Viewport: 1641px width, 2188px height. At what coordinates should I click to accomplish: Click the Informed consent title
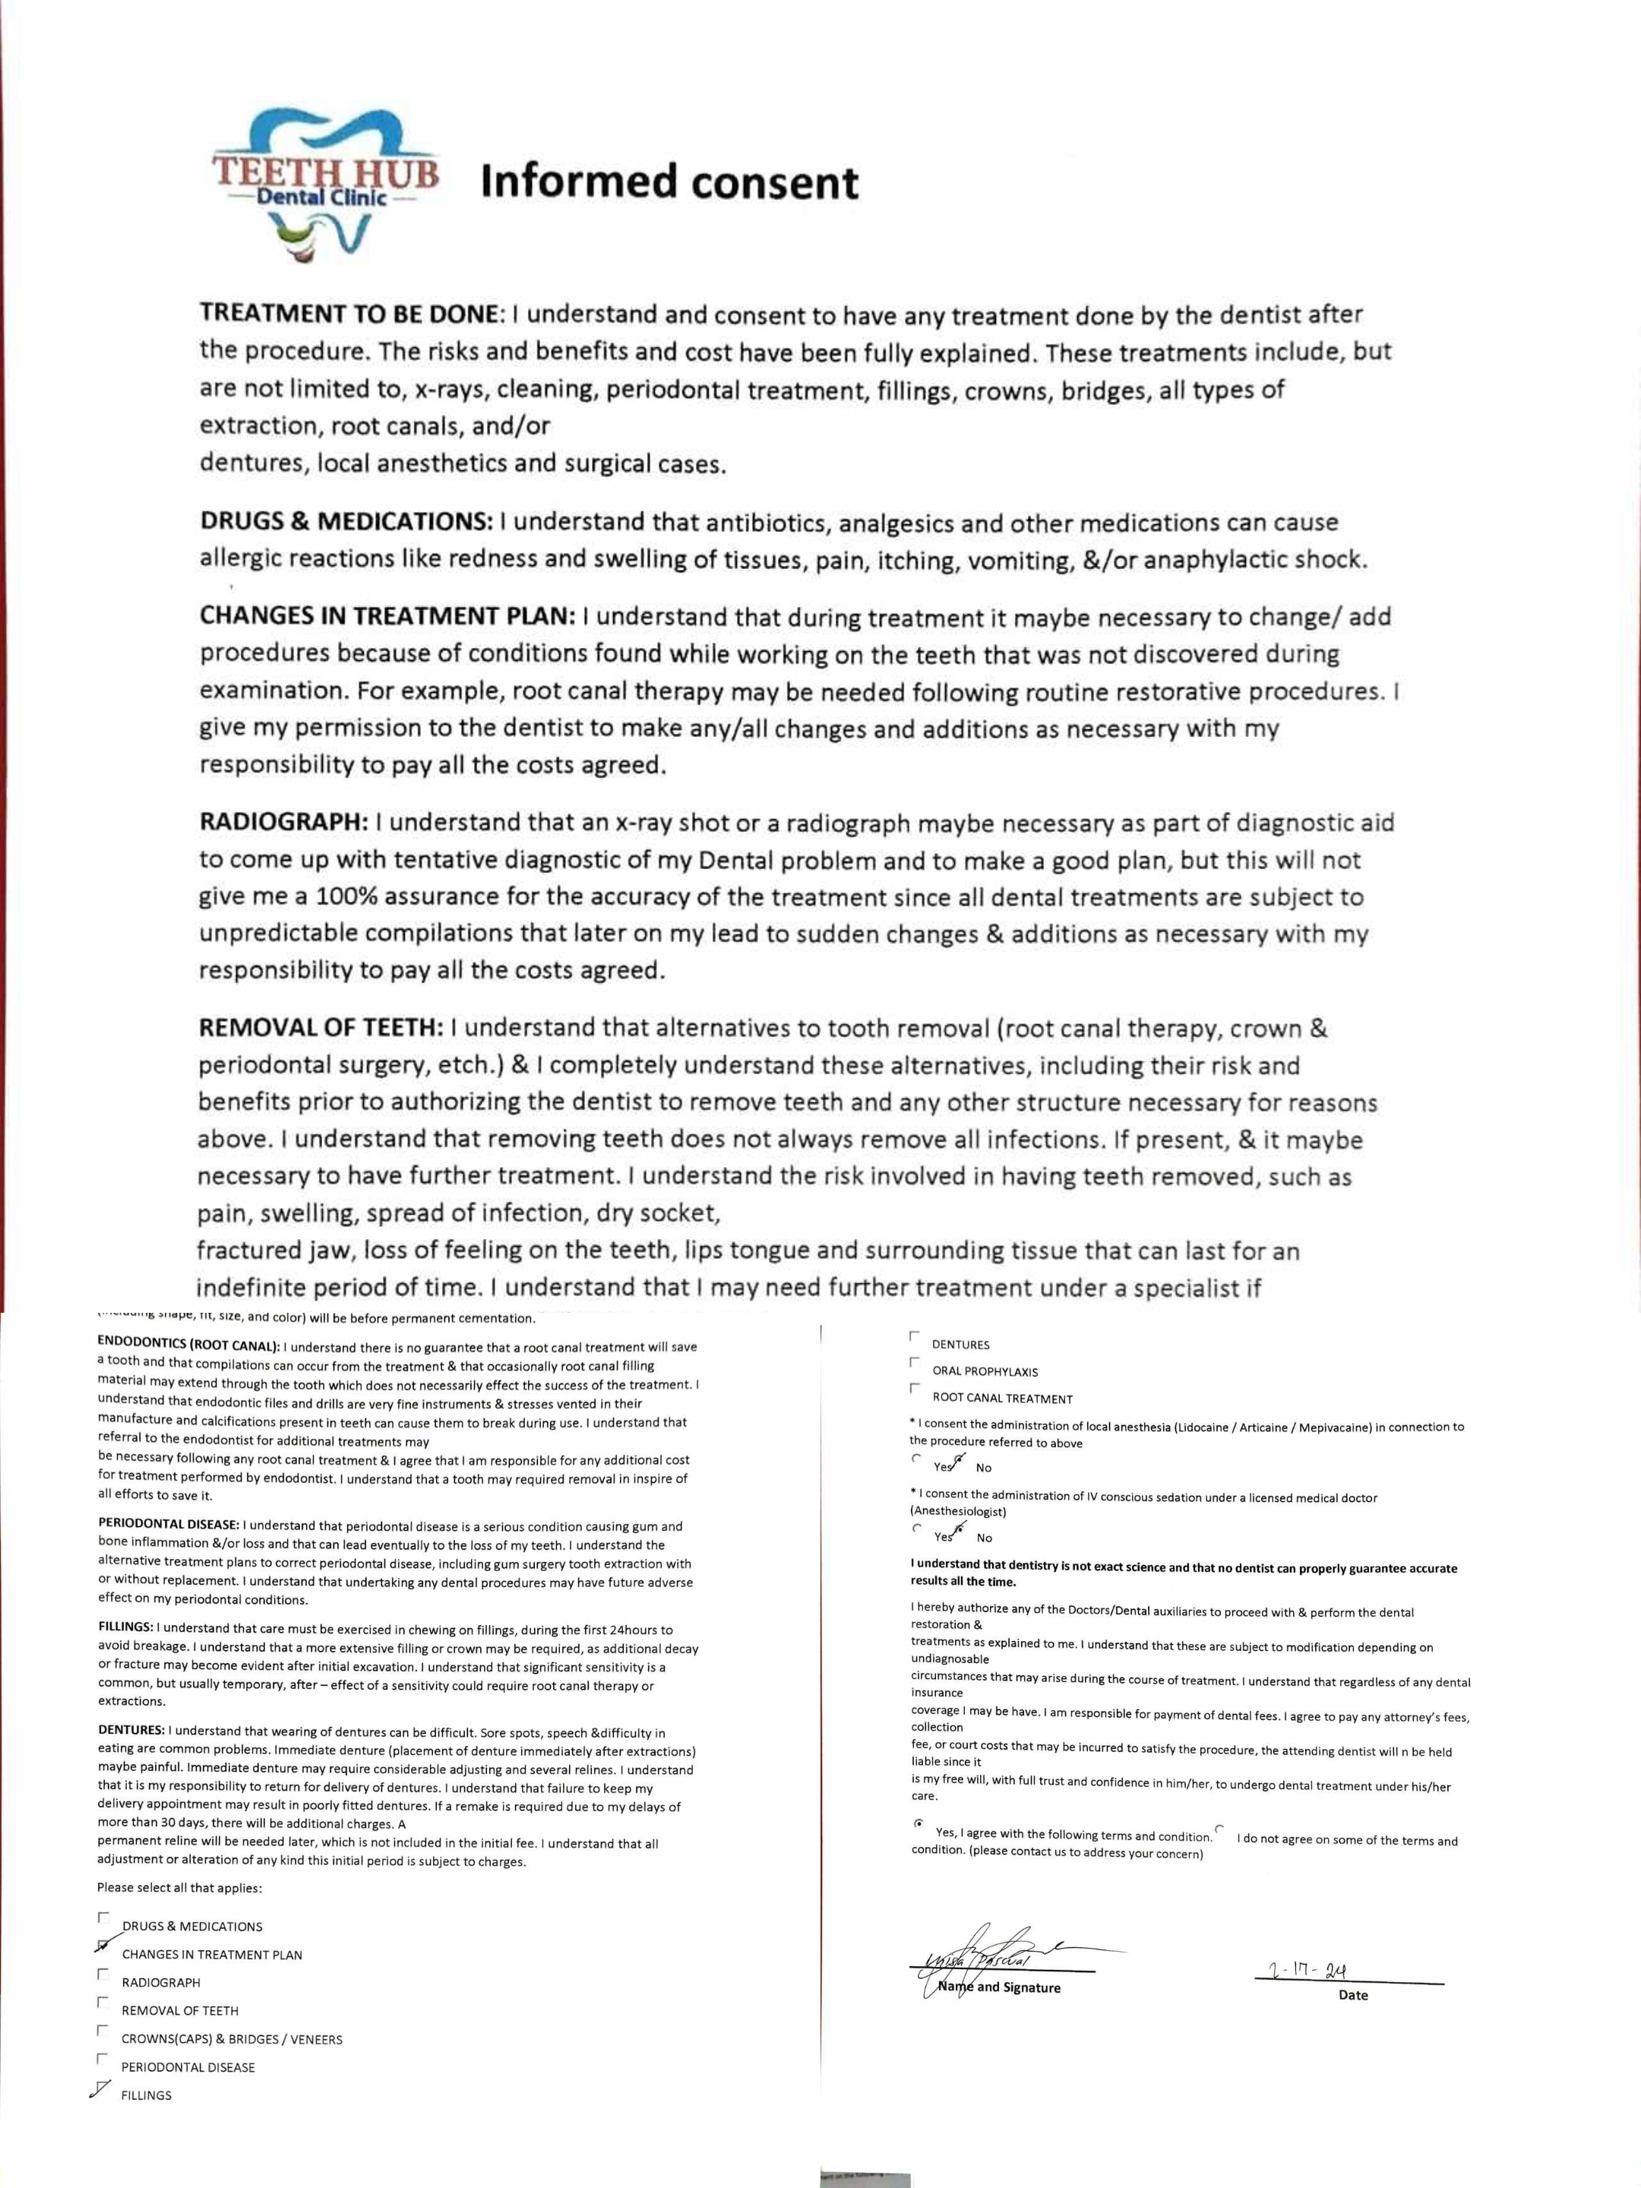669,184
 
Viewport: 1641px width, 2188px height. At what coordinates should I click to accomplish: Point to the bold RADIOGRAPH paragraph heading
284,822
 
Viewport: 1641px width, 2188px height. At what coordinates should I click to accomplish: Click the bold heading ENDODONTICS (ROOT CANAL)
188,1346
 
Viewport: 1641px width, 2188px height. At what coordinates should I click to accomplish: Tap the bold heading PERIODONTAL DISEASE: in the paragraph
168,1526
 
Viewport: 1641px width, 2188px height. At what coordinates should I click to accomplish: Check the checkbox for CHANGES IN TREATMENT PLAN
103,1945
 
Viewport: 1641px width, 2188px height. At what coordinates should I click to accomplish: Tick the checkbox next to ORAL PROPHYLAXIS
914,1362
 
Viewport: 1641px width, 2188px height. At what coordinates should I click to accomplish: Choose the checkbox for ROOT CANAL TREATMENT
914,1389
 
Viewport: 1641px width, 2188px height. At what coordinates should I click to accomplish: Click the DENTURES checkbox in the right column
914,1336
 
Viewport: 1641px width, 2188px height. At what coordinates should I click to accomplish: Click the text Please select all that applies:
179,1887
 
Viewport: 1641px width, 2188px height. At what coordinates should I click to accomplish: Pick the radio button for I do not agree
1219,1828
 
